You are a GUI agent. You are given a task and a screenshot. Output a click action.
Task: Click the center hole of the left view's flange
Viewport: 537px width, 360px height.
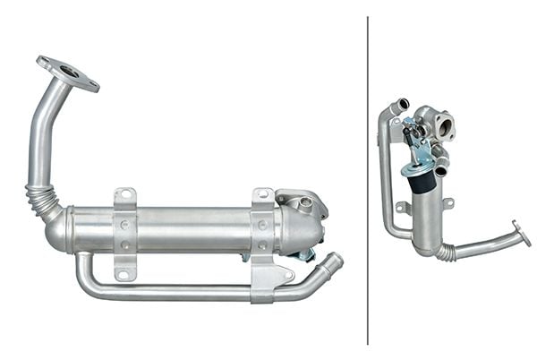(x=69, y=73)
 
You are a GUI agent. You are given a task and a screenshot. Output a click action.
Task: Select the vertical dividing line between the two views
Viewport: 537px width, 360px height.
(x=368, y=179)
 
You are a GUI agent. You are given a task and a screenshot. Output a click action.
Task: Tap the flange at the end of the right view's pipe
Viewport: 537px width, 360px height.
(x=520, y=234)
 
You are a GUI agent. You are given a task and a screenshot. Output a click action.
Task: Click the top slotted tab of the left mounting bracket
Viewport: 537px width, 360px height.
(x=124, y=197)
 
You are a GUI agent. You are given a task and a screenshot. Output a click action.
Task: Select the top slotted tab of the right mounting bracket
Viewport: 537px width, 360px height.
(x=262, y=197)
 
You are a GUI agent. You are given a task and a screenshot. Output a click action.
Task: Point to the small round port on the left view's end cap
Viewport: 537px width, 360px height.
(x=307, y=203)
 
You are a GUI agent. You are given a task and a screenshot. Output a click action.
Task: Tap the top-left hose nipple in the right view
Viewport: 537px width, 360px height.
(x=400, y=105)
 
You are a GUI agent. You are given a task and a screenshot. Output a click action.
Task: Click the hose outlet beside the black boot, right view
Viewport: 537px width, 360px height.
(x=441, y=167)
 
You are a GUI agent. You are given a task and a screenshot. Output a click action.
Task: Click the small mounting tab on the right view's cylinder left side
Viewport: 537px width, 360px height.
(x=404, y=207)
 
